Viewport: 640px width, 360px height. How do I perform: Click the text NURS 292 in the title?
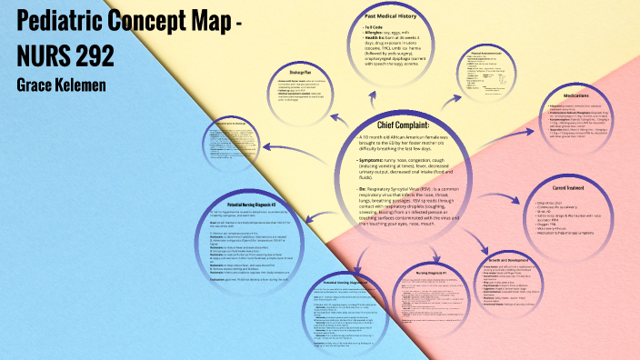65,55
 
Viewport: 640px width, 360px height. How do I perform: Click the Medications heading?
583,94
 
